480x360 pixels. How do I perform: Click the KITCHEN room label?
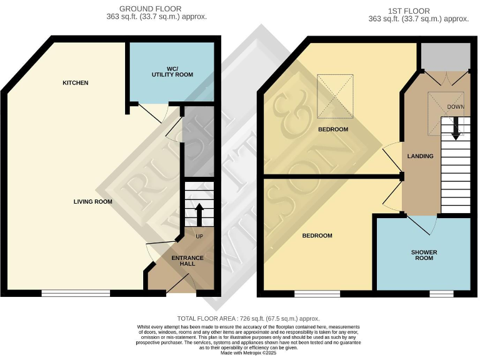coord(75,82)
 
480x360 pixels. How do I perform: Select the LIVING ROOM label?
coord(92,201)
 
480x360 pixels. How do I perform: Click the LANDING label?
coord(420,156)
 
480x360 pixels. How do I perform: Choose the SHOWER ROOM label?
coord(424,255)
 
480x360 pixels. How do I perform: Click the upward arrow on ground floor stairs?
coord(199,214)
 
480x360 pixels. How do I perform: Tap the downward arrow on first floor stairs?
coord(456,127)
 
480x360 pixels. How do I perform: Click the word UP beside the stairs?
coord(199,236)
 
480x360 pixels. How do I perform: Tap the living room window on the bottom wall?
coord(76,292)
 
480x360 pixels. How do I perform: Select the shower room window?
coord(441,292)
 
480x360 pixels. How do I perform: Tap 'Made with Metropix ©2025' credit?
coord(240,354)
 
